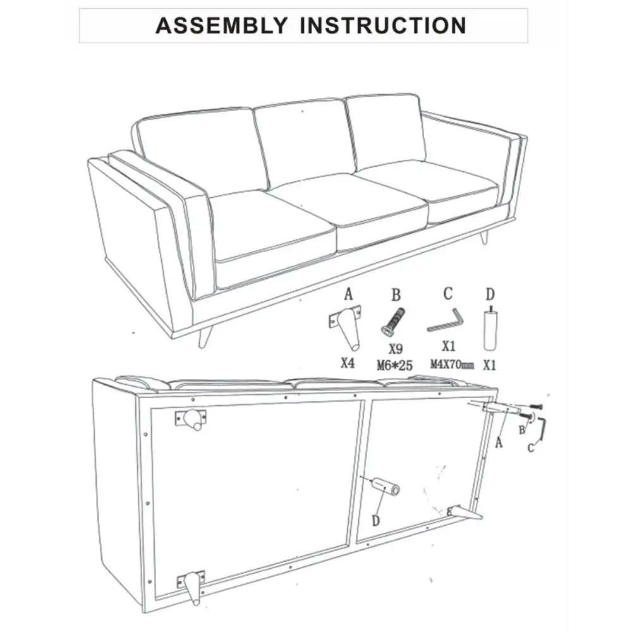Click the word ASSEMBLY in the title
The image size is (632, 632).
pos(221,25)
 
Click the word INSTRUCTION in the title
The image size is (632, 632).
pos(384,25)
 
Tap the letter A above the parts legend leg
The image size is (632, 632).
pos(348,295)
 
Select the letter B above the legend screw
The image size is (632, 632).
pos(396,295)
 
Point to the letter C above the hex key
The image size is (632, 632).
pos(448,294)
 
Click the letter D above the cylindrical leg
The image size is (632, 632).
pos(490,295)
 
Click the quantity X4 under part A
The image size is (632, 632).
pos(348,363)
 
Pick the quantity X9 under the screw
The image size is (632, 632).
pos(396,349)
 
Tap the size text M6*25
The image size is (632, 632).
pos(395,365)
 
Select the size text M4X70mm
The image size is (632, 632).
pos(452,365)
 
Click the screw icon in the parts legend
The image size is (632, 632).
pos(392,322)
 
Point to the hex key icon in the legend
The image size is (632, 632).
pos(446,320)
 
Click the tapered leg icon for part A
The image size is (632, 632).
pos(346,327)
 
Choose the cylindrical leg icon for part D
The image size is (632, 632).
pos(490,329)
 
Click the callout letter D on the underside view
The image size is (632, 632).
pos(375,521)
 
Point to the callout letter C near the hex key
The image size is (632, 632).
pos(531,447)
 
